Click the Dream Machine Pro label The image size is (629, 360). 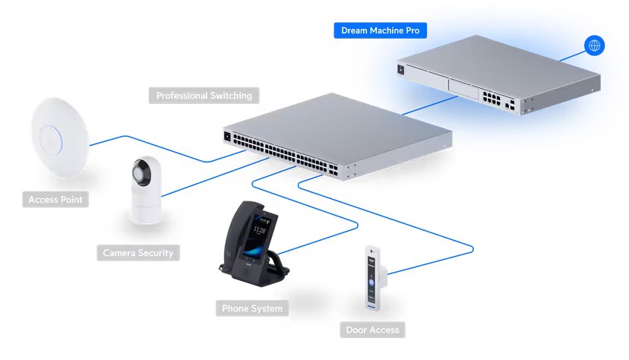coord(380,30)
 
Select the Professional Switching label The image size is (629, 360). coord(203,96)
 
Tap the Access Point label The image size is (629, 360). coord(55,200)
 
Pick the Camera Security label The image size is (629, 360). coord(138,252)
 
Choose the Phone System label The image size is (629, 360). coord(251,308)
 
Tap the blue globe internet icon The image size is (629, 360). coord(594,46)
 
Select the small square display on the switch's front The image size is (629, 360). coord(226,137)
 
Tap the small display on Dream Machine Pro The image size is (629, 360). coord(401,69)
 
